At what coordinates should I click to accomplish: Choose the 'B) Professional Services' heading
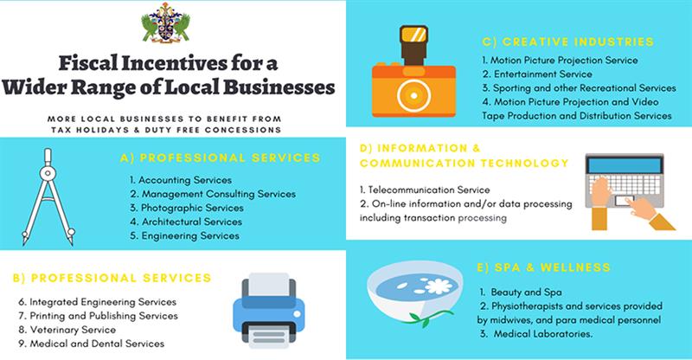[113, 278]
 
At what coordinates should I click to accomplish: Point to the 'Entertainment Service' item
[536, 75]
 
